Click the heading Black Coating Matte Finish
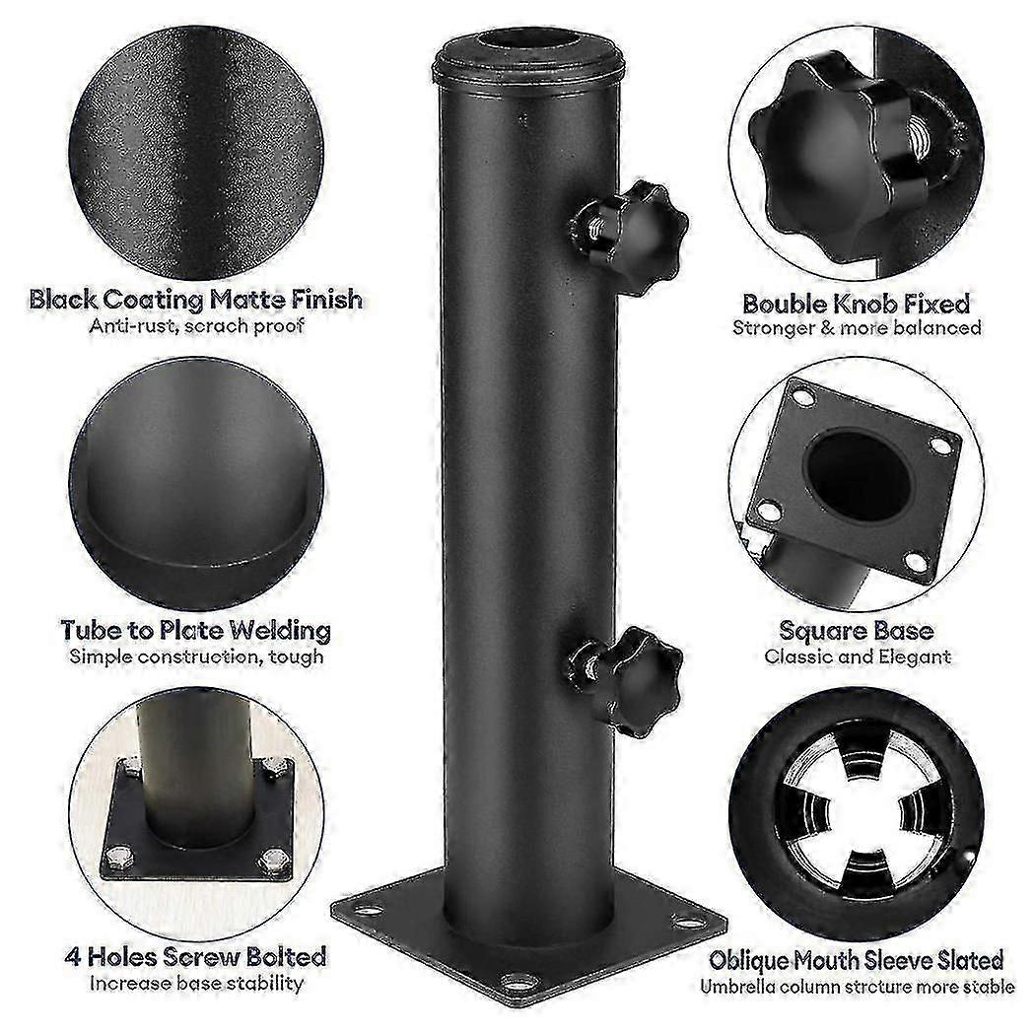pos(195,300)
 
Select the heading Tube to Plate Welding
pos(195,631)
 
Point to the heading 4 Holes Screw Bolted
pos(195,956)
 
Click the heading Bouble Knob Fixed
pos(857,304)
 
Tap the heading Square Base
pos(857,631)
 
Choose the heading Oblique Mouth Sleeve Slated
pos(857,960)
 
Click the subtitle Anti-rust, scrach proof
pos(196,326)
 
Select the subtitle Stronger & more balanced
pos(857,328)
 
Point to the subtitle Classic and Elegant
pos(858,656)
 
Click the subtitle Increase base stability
pos(196,984)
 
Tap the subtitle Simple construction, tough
pos(196,656)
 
